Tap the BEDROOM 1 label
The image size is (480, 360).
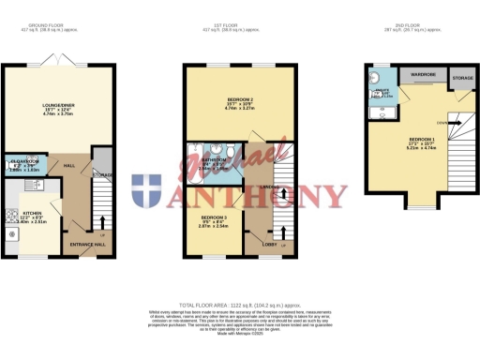[x=413, y=139]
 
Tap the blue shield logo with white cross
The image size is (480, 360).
[x=146, y=192]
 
